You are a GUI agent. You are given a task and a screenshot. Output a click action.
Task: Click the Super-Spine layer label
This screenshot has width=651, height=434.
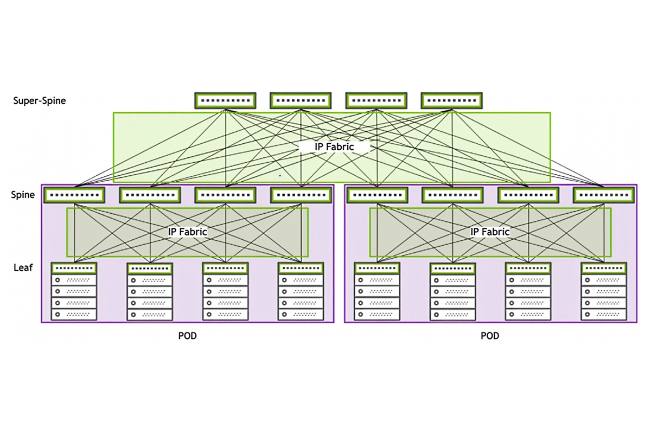[40, 100]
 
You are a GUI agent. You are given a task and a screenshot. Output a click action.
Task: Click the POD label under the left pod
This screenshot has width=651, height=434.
[187, 336]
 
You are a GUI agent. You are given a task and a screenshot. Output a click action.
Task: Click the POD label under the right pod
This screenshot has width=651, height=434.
[490, 336]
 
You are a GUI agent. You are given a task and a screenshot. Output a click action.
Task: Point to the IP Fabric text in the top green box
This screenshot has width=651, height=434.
[334, 147]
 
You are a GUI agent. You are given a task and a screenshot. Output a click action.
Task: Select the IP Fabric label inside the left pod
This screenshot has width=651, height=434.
[188, 232]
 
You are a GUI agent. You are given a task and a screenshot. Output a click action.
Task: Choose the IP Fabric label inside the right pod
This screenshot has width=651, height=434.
[490, 232]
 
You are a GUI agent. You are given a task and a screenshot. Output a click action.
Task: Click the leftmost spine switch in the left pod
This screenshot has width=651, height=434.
[74, 195]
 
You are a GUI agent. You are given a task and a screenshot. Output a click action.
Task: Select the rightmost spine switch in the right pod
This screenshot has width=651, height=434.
[604, 195]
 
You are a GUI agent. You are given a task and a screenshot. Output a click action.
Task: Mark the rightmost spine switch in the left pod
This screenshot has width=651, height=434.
[301, 195]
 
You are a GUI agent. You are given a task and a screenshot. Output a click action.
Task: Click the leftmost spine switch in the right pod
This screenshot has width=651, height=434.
[377, 195]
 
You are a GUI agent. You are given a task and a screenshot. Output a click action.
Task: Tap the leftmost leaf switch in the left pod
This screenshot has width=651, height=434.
[74, 268]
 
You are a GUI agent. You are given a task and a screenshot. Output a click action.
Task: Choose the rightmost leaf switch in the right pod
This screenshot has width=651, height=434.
[603, 268]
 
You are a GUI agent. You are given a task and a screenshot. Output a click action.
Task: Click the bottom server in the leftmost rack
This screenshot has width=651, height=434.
[74, 314]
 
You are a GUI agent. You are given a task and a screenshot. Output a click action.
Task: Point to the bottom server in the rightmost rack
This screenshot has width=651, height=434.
[603, 314]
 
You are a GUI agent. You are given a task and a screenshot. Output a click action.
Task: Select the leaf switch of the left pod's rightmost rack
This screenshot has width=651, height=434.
[301, 268]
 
